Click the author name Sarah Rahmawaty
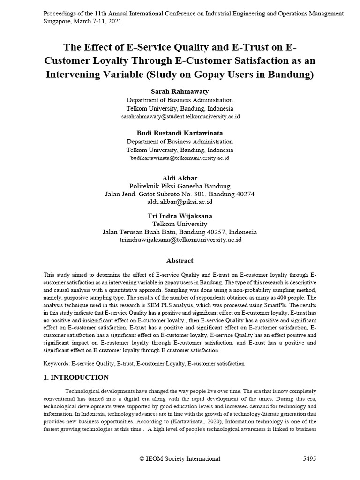(x=180, y=91)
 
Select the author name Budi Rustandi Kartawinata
(x=180, y=133)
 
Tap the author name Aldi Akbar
(x=180, y=178)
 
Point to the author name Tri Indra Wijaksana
(x=180, y=216)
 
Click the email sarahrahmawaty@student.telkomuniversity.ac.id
(x=180, y=116)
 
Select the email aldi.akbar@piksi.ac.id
(x=180, y=202)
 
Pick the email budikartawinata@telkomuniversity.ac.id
(x=180, y=158)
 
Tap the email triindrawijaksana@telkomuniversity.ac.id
(x=180, y=240)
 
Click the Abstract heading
(x=180, y=261)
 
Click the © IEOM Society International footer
(x=180, y=459)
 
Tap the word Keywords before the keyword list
(x=56, y=363)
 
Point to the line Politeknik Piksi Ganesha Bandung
(x=180, y=186)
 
